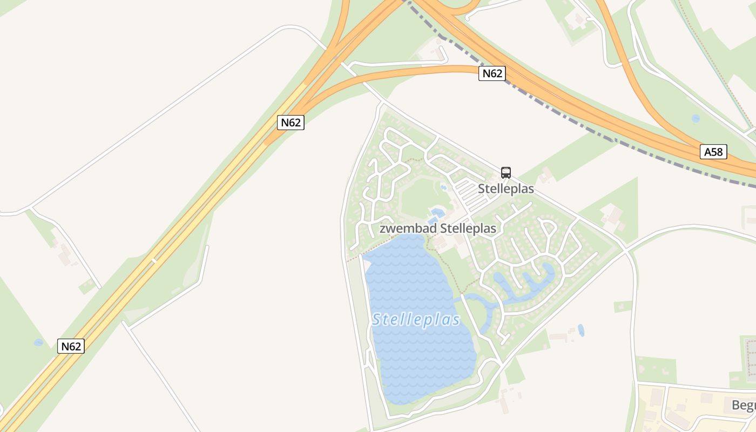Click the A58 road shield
[713, 152]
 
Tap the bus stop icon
[505, 173]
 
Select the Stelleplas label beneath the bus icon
[505, 188]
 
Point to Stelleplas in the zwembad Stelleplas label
[468, 228]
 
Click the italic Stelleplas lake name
[416, 320]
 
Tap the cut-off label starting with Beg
[744, 405]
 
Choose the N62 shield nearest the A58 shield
[491, 73]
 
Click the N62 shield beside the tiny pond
[71, 346]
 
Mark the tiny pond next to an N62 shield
[38, 342]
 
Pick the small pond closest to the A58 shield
[696, 118]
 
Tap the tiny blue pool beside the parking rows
[443, 188]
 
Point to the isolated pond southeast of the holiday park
[581, 330]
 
